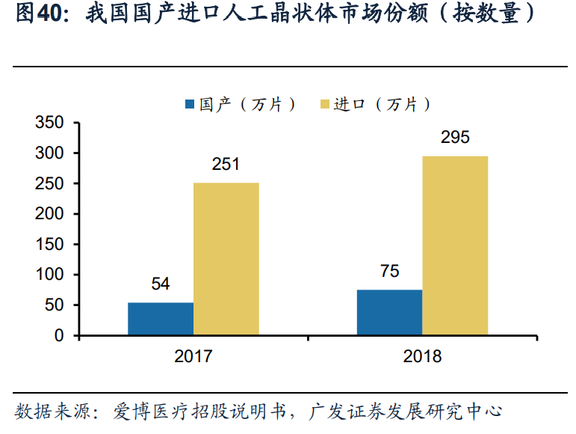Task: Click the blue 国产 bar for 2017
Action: (161, 319)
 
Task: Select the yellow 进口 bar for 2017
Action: (226, 259)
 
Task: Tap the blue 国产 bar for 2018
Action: (389, 312)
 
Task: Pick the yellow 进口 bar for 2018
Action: (455, 245)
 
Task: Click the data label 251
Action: (226, 165)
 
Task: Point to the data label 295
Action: (455, 138)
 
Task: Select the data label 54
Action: (161, 284)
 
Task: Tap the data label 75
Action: (389, 271)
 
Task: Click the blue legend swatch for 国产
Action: (189, 104)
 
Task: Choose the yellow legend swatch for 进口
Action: (323, 104)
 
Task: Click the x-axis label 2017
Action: (193, 357)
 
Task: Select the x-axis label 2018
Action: (422, 357)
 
